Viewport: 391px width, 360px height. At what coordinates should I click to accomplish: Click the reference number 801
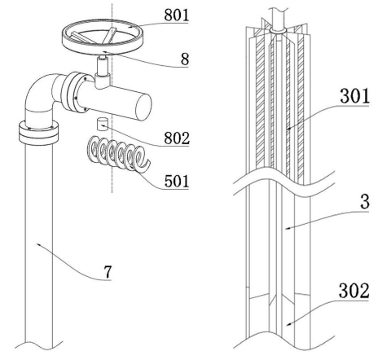click(x=176, y=15)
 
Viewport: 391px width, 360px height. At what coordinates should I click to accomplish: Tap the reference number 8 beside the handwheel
click(x=185, y=59)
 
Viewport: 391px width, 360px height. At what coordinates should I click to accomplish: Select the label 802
click(x=177, y=138)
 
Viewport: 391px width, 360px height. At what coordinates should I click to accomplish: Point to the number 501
click(x=177, y=181)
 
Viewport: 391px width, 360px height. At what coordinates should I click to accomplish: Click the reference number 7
click(x=108, y=271)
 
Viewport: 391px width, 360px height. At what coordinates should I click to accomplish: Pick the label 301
click(x=355, y=96)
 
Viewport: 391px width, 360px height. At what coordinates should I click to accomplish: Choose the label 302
click(x=354, y=291)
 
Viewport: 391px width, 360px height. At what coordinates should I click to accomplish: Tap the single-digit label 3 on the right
click(x=365, y=201)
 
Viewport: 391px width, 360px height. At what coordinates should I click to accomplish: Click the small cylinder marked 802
click(x=101, y=125)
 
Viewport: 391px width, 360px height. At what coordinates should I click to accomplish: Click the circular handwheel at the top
click(x=103, y=37)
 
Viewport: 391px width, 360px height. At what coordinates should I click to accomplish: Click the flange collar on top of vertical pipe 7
click(x=38, y=133)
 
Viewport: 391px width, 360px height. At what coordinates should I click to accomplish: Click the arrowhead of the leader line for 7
click(x=37, y=244)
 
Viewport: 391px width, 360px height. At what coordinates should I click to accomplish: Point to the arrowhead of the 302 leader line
click(x=288, y=323)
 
